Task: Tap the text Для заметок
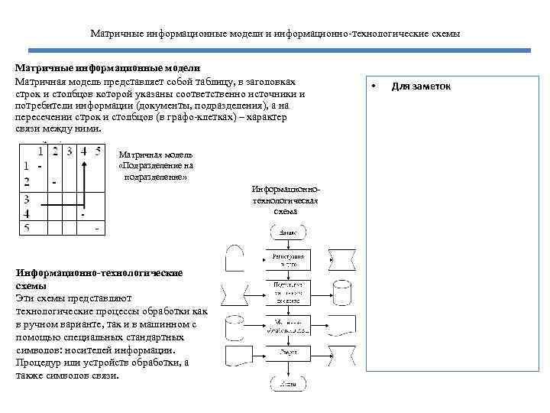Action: tap(421, 86)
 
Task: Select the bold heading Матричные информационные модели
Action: tap(108, 67)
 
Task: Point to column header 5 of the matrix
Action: tap(97, 151)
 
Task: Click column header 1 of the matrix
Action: tap(40, 151)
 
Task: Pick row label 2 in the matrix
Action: tap(27, 181)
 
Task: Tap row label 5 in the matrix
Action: tap(27, 228)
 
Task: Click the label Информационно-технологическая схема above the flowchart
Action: tap(285, 199)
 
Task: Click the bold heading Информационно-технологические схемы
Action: tap(98, 278)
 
